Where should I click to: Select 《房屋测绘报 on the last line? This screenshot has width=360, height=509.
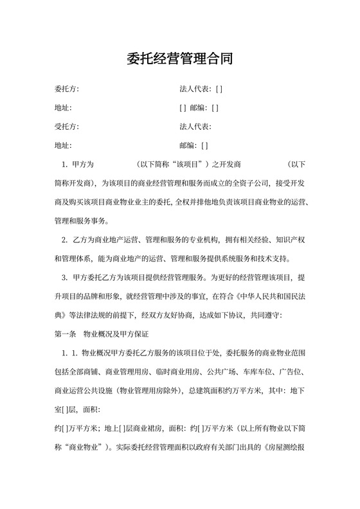point(289,446)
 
